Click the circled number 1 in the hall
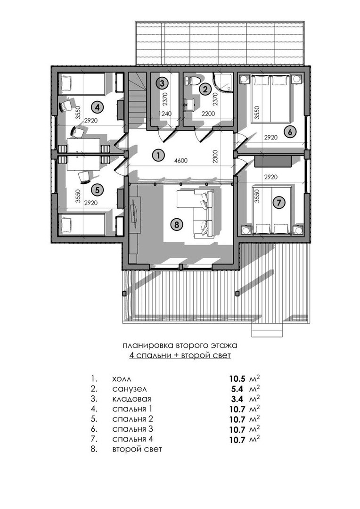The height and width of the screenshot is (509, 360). [x=159, y=155]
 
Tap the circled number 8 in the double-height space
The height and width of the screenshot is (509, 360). [x=177, y=224]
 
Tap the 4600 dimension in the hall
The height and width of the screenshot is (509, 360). [x=180, y=161]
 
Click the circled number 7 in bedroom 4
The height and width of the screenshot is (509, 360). [x=279, y=203]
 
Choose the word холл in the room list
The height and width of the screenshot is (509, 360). [x=123, y=378]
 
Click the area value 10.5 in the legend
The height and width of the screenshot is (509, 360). [x=238, y=378]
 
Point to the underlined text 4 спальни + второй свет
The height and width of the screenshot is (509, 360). [x=180, y=355]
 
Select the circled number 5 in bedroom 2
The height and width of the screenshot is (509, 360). [x=97, y=190]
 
